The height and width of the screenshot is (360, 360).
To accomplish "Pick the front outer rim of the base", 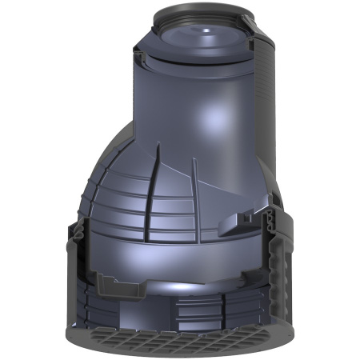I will point(180,353).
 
